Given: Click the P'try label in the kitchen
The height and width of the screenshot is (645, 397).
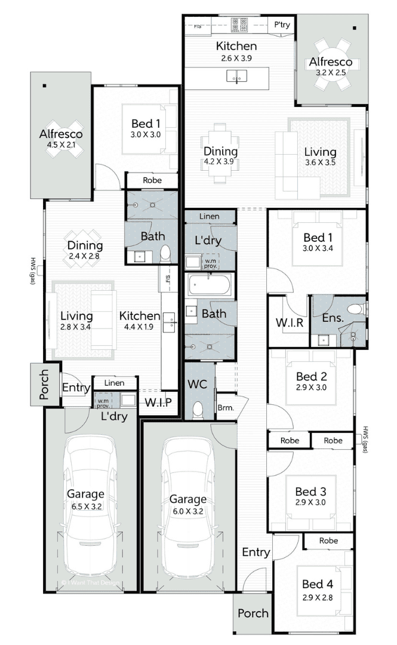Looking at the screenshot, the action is coord(282,25).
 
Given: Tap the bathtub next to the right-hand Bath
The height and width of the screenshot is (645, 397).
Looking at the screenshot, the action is coord(210,285).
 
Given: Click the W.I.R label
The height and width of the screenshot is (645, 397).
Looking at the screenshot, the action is coord(290,322).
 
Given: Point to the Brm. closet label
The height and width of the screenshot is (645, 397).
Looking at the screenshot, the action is coord(226,408).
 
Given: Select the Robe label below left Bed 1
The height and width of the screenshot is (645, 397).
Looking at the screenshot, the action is coord(152,180).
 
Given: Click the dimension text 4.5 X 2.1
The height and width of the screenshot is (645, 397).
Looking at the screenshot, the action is coord(61,145).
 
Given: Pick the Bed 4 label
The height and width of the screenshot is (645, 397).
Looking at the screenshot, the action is coord(318,584).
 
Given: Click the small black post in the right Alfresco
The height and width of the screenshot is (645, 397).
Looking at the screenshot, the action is coord(355,29).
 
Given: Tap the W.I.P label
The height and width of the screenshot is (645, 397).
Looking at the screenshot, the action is coord(158,402).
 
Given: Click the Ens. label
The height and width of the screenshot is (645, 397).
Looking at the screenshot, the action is coord(333,318).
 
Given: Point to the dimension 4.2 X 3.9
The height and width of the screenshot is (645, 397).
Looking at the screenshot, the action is coord(219,162).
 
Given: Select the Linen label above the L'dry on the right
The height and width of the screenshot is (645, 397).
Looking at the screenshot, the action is coord(210,216).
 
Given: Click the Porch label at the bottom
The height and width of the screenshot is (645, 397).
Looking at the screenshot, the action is coord(253,613).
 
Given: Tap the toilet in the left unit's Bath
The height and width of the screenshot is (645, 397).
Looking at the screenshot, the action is coord(165,253).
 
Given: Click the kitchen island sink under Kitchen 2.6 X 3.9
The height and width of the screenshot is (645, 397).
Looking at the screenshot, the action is coord(237,76).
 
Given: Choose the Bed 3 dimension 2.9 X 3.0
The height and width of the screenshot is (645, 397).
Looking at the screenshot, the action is coord(310,502).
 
